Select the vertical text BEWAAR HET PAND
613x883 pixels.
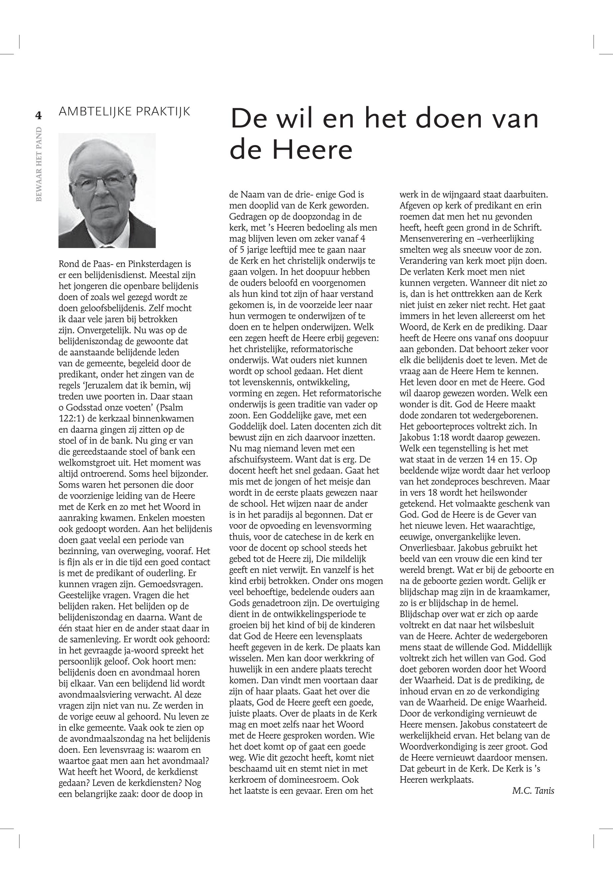pos(39,164)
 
